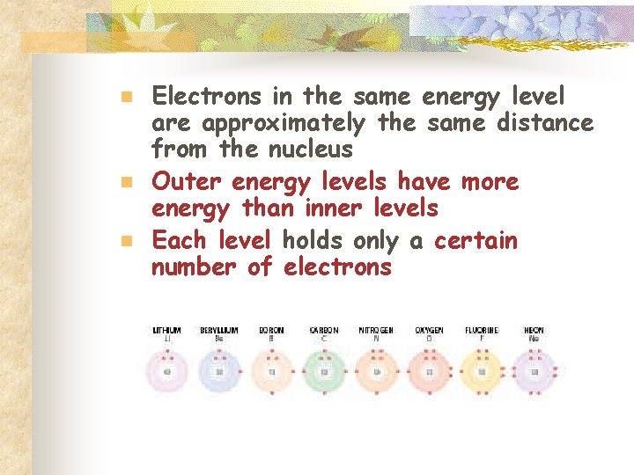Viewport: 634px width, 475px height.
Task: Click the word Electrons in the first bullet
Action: pyautogui.click(x=206, y=95)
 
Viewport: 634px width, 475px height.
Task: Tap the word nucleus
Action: pyautogui.click(x=308, y=150)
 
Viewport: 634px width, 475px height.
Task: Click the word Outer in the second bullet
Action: pyautogui.click(x=188, y=181)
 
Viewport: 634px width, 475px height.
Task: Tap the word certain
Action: pyautogui.click(x=475, y=239)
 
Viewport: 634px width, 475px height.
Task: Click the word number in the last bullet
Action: pyautogui.click(x=195, y=267)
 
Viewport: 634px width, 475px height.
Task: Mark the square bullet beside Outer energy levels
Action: pyautogui.click(x=126, y=182)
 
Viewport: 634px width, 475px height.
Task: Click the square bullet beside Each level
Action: pyautogui.click(x=126, y=239)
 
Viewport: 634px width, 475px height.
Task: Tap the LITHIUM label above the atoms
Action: pyautogui.click(x=167, y=331)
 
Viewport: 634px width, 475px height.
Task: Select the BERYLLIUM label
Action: pyautogui.click(x=218, y=331)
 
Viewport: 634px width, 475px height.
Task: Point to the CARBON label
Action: pyautogui.click(x=324, y=331)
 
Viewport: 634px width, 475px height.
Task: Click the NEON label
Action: pyautogui.click(x=534, y=331)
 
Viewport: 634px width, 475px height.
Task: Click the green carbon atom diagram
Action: pyautogui.click(x=324, y=371)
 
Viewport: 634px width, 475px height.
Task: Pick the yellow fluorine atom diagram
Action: pyautogui.click(x=481, y=371)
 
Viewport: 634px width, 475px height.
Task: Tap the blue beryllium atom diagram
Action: pyautogui.click(x=218, y=371)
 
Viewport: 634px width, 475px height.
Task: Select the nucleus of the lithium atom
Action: pyautogui.click(x=167, y=371)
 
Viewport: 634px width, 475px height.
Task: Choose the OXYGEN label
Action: pyautogui.click(x=429, y=331)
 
